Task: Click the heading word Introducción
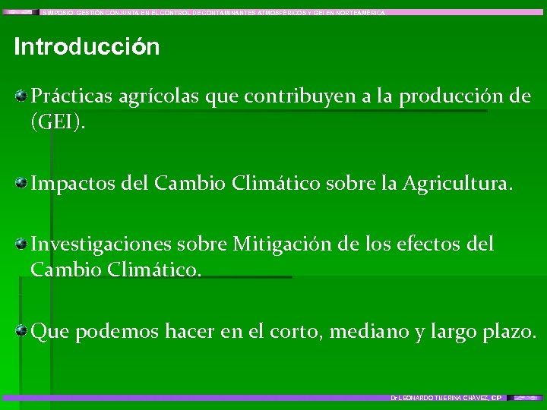coord(87,47)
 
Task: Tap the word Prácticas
coord(71,96)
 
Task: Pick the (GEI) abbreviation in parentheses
coord(58,122)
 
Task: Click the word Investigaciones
coord(103,244)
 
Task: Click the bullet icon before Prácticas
coord(23,96)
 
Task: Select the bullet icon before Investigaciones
coord(23,244)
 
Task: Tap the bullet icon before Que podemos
coord(23,331)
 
